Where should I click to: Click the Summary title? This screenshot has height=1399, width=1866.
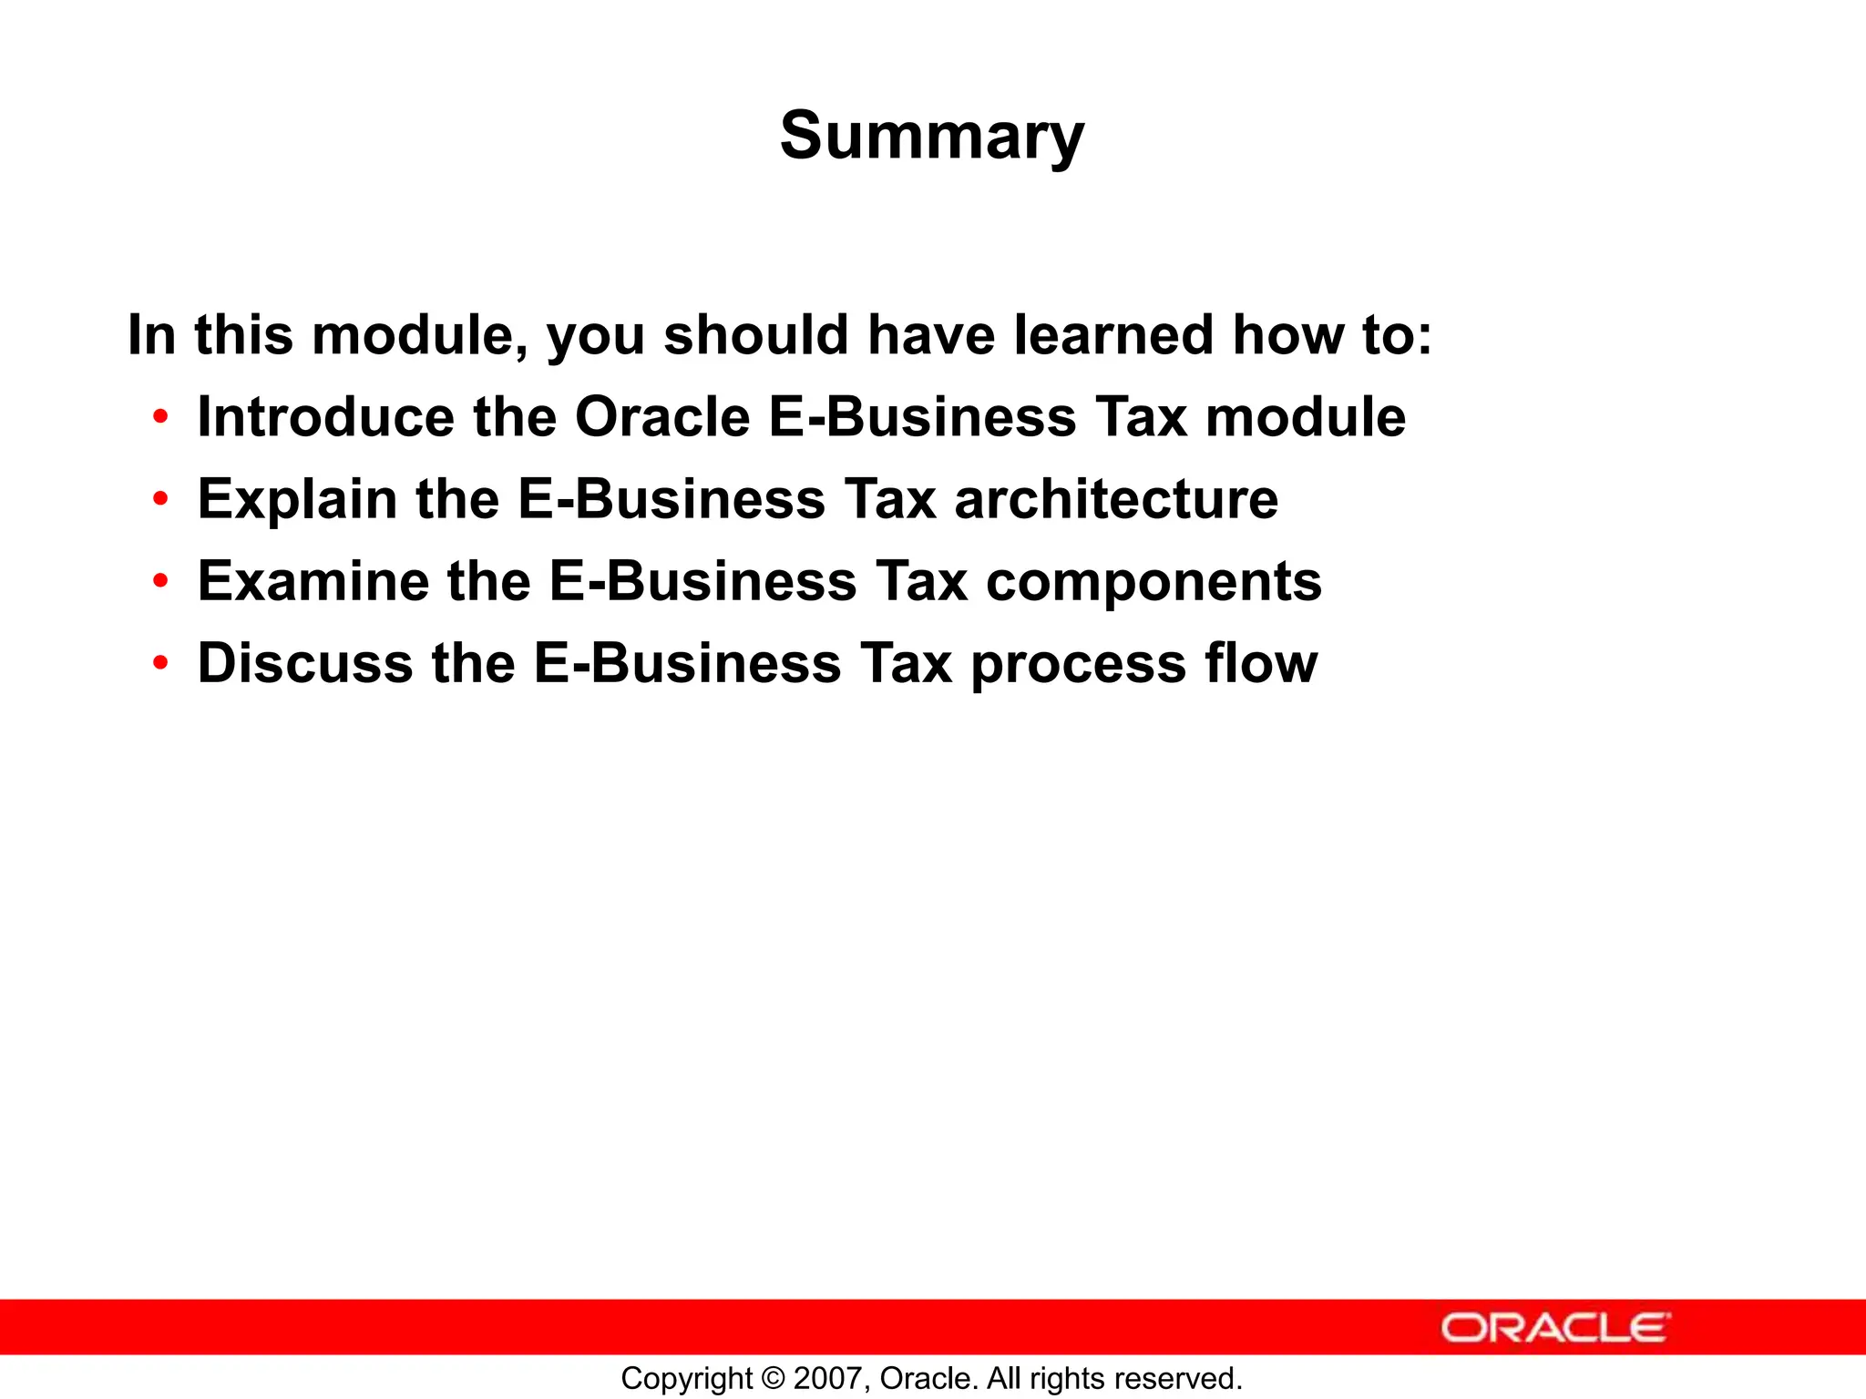coord(932,137)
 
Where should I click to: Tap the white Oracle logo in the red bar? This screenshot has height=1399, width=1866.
coord(1555,1328)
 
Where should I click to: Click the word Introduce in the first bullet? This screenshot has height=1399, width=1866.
coord(325,417)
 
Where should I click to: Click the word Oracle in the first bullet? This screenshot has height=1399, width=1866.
coord(662,417)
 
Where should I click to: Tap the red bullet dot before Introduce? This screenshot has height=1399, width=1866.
coord(161,418)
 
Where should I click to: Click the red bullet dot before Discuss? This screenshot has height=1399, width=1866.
coord(161,664)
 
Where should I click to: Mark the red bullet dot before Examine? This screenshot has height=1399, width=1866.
coord(161,582)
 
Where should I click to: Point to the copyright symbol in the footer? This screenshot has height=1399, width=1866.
coord(773,1379)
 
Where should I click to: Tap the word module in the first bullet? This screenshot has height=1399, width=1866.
coord(1305,417)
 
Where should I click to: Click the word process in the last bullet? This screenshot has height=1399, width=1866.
coord(1079,665)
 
